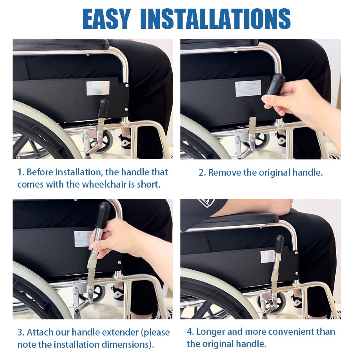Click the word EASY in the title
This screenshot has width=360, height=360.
click(x=107, y=19)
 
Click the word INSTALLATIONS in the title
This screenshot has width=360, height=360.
click(x=215, y=19)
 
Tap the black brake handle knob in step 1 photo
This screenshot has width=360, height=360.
click(x=104, y=105)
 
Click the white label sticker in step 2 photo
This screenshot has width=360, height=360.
click(x=248, y=88)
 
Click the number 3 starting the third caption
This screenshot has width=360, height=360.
click(x=20, y=332)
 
